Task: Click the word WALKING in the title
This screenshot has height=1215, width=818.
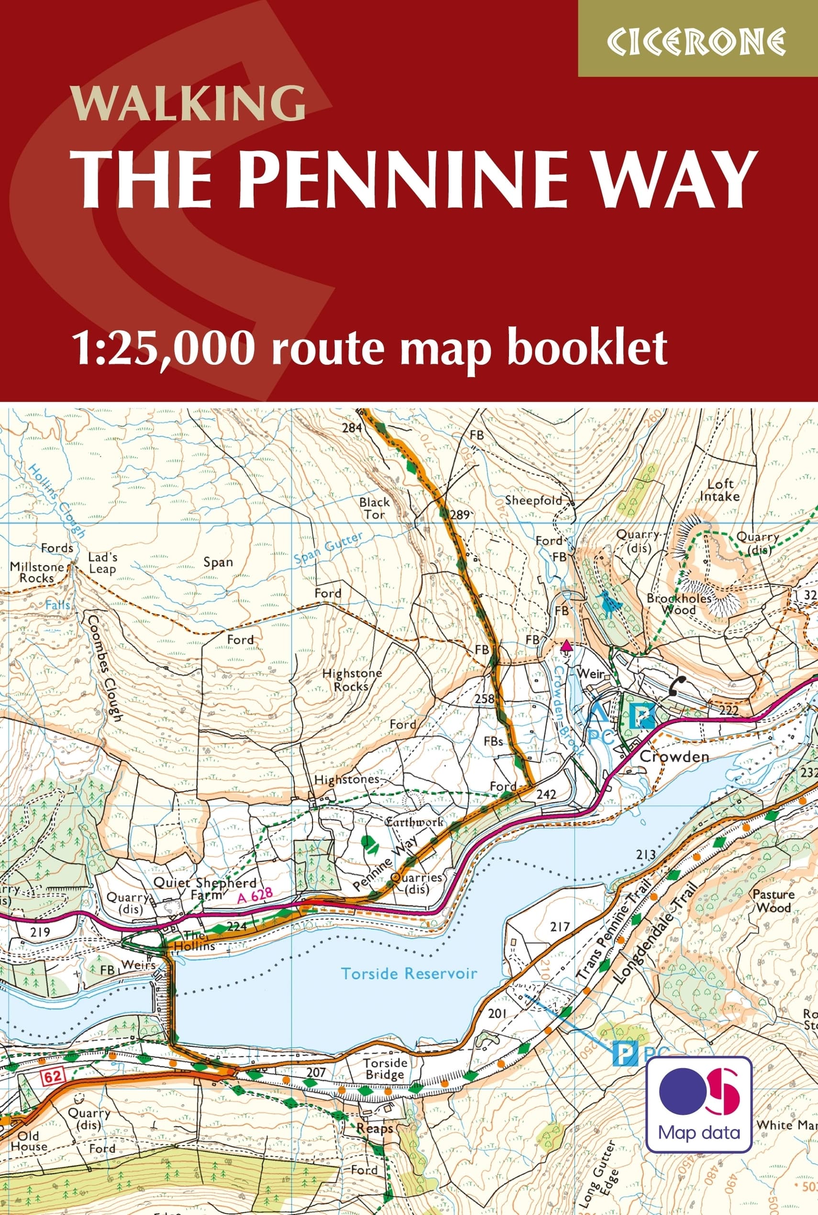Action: [x=189, y=103]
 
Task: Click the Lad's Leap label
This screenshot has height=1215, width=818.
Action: [x=102, y=562]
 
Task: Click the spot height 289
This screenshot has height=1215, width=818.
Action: [x=460, y=515]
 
